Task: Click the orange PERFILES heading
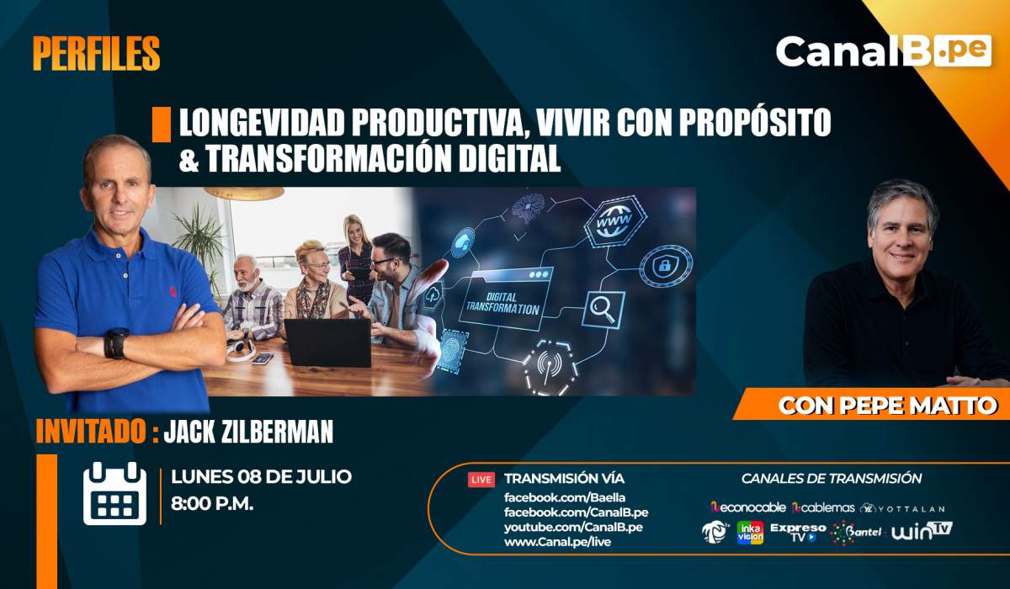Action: [x=97, y=54]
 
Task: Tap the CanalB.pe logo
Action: [x=883, y=51]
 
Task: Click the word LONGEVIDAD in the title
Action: [x=262, y=122]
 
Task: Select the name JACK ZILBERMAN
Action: [x=248, y=432]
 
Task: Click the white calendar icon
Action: [x=115, y=493]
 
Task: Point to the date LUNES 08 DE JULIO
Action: [x=261, y=477]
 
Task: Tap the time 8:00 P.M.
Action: [x=212, y=504]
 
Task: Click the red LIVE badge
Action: [x=481, y=480]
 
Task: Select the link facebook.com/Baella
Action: [x=565, y=497]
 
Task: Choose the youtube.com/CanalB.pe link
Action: [x=573, y=527]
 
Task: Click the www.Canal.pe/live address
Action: [x=557, y=542]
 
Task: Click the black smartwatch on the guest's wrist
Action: [x=117, y=343]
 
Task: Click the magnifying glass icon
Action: [x=603, y=310]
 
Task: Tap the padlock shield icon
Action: [x=666, y=266]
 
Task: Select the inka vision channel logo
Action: [x=750, y=533]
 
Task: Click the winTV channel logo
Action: [x=922, y=531]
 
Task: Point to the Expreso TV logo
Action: [x=798, y=533]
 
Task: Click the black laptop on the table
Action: [x=327, y=343]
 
